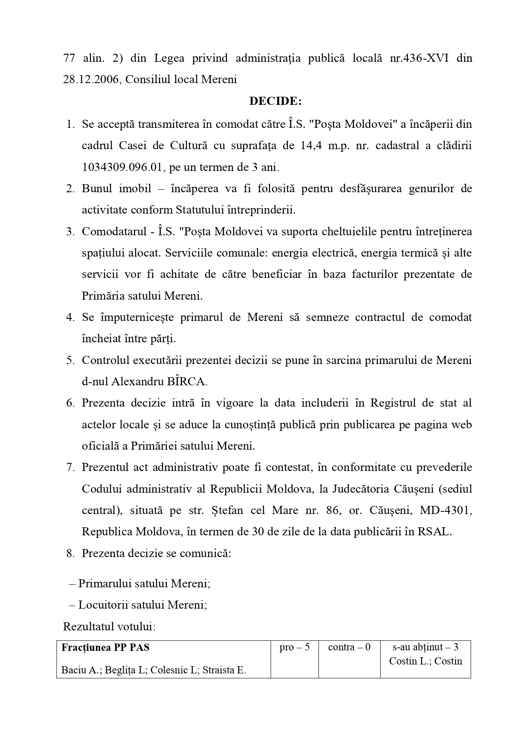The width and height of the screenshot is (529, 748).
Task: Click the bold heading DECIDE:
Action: (x=275, y=101)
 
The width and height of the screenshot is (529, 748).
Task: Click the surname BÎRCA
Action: (x=186, y=381)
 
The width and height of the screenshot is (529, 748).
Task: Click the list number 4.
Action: (x=70, y=318)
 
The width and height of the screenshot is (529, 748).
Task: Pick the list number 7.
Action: (x=70, y=468)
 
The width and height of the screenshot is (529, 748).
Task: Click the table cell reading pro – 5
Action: (x=295, y=647)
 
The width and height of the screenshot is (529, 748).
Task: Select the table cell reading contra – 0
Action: (x=349, y=647)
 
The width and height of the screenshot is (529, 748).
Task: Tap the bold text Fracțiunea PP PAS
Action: (x=106, y=647)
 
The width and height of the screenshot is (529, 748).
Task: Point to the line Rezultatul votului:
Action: (x=110, y=627)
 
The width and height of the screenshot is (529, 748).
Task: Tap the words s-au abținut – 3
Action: (x=425, y=647)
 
